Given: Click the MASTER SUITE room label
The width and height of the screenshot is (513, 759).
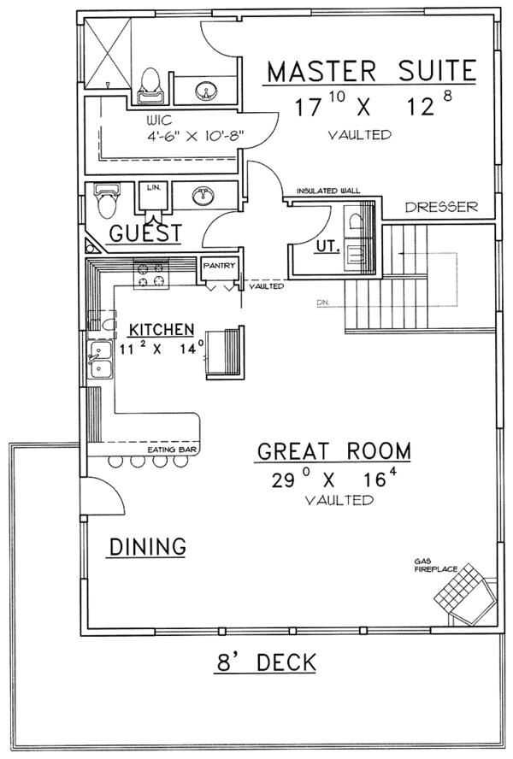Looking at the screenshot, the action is pos(372,71).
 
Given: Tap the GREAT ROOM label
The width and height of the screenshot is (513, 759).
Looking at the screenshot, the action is pos(333,451).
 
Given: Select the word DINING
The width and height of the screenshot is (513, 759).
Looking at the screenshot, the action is pos(148,546).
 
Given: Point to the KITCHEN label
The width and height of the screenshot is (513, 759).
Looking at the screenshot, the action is pos(162,330).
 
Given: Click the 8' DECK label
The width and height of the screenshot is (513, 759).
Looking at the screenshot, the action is pos(267,662).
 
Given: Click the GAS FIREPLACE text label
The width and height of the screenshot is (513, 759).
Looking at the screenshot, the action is pos(435,565).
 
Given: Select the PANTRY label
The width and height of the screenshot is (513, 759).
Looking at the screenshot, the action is pos(219,265).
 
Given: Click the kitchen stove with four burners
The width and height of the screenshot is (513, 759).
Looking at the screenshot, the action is pos(151,274).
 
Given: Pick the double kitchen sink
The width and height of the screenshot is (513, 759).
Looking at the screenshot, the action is pos(100,360).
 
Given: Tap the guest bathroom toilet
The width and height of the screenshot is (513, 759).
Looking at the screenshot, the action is pos(107,201).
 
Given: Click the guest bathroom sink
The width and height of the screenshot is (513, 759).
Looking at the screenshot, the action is pos(203,196).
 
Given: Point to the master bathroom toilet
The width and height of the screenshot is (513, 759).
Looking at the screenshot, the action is pos(150,85).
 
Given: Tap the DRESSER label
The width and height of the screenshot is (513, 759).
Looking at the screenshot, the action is pos(441,207).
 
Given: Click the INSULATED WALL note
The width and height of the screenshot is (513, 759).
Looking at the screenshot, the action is pos(328,191).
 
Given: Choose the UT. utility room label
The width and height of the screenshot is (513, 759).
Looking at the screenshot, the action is pos(327,246).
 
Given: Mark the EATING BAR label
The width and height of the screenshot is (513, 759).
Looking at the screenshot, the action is pos(172,450).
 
